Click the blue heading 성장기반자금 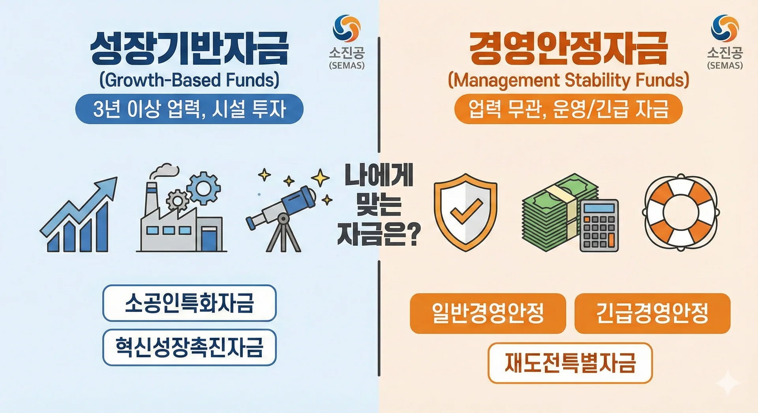click(x=189, y=49)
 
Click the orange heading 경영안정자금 click(x=568, y=49)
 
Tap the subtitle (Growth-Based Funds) click(x=189, y=80)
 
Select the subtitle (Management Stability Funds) click(x=568, y=80)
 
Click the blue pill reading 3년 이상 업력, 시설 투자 click(x=189, y=109)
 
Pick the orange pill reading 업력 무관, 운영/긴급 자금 click(x=568, y=109)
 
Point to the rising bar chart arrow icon click(x=79, y=215)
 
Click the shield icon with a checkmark click(x=465, y=212)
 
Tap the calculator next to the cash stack click(x=599, y=225)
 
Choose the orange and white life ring click(x=681, y=212)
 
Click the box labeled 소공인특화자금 click(x=189, y=303)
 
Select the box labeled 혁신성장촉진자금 click(x=189, y=348)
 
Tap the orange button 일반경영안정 click(x=488, y=313)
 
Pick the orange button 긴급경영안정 click(x=653, y=313)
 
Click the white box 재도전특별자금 click(x=570, y=363)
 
